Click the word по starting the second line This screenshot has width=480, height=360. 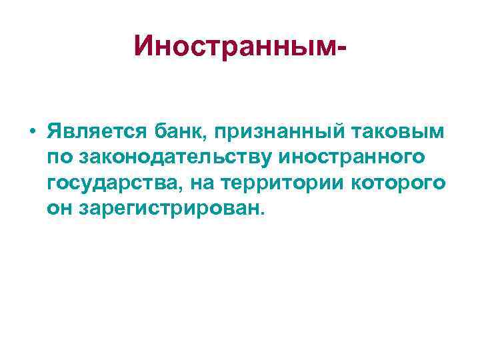59,157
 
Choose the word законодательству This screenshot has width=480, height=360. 178,157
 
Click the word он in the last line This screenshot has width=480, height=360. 59,209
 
